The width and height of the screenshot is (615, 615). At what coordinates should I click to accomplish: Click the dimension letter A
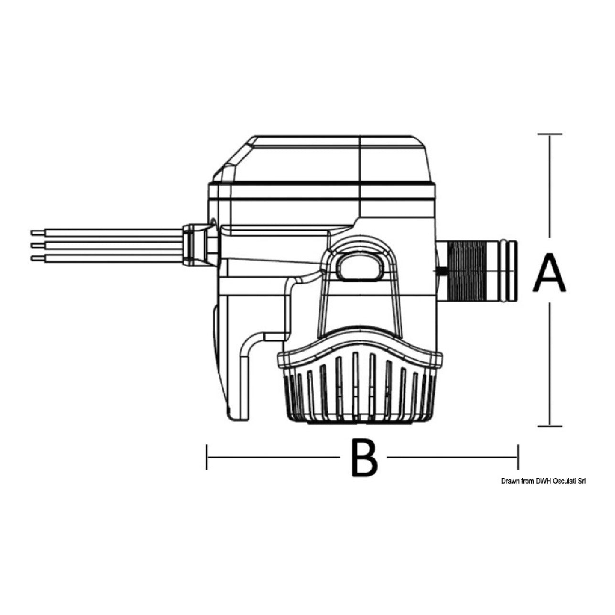(549, 273)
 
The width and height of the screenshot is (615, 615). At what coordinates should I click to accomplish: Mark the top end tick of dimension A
(550, 134)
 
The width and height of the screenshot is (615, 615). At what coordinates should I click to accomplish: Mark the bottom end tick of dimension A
(550, 426)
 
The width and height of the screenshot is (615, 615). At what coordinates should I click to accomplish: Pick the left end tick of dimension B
(207, 457)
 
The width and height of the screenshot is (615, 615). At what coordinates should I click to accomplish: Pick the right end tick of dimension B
(518, 457)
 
